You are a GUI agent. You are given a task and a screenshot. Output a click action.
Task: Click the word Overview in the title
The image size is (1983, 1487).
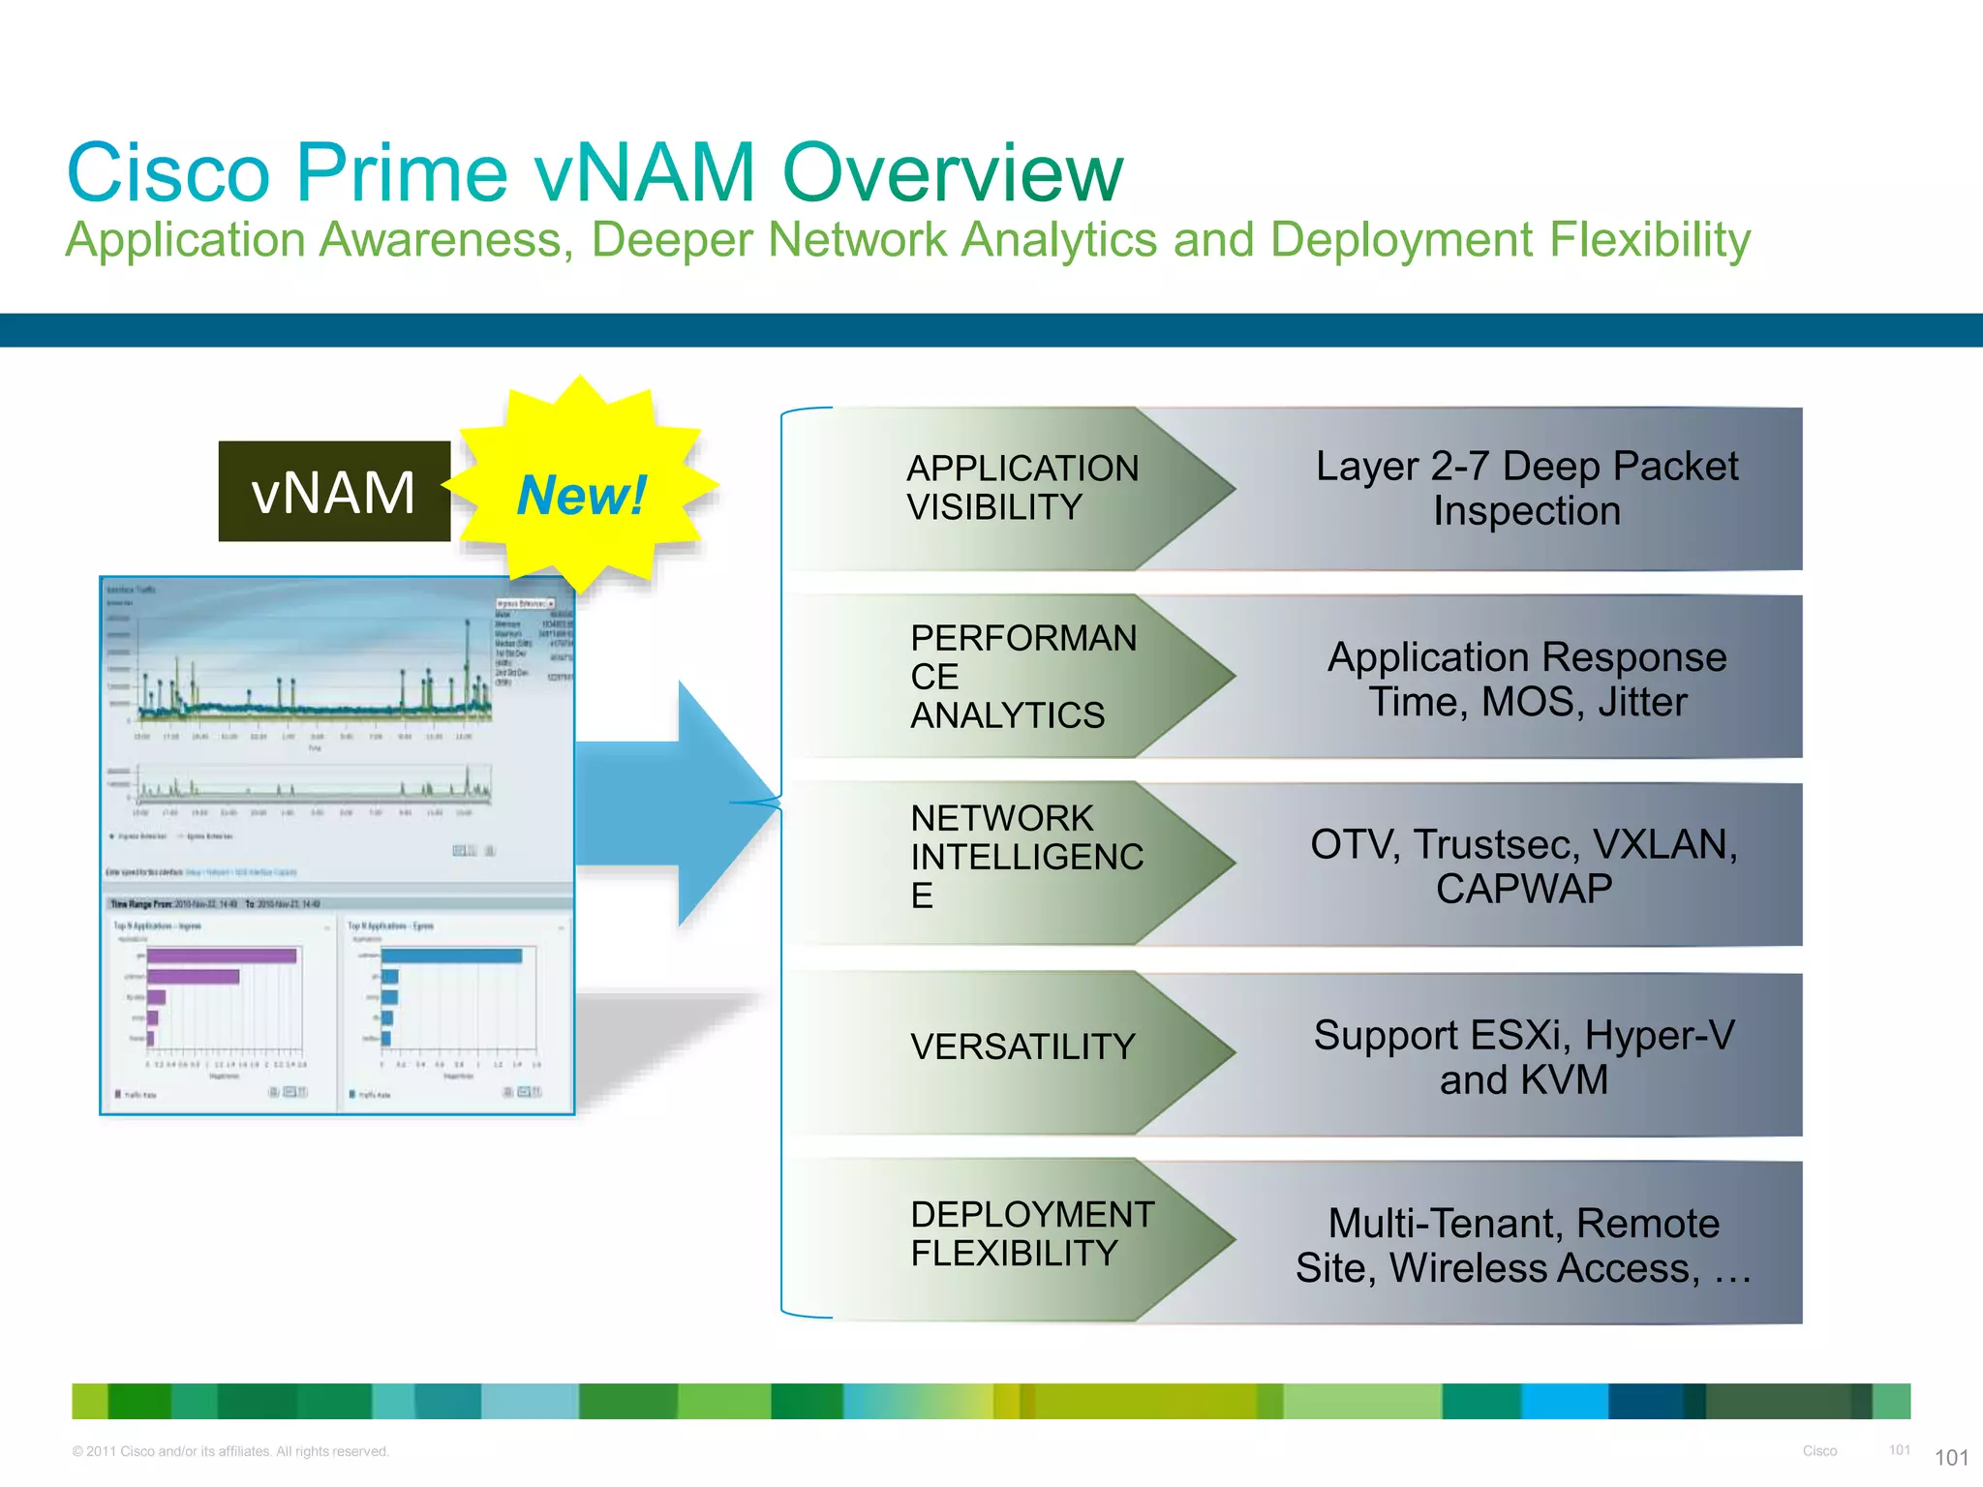(x=952, y=172)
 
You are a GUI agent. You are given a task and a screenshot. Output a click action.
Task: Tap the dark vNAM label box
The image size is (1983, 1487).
(x=334, y=492)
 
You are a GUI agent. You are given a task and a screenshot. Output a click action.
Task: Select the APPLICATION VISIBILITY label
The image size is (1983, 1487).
(x=1022, y=488)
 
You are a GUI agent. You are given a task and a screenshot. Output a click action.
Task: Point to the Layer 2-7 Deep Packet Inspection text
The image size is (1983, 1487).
(x=1526, y=488)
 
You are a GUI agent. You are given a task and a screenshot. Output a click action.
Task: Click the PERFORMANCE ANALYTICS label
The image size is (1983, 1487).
(x=1022, y=676)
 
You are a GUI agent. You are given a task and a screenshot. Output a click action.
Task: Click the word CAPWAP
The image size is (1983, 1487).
(x=1524, y=889)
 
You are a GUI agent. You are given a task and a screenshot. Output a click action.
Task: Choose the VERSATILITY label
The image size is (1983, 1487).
(x=1022, y=1047)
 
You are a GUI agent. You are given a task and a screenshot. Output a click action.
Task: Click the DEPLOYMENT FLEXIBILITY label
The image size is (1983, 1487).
(x=1030, y=1233)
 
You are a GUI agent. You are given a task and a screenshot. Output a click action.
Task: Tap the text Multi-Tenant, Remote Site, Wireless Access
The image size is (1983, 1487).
(x=1524, y=1245)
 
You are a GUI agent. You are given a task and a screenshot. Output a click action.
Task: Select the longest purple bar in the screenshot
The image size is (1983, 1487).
(x=222, y=956)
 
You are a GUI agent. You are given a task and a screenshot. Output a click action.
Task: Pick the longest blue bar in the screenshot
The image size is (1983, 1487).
(x=451, y=956)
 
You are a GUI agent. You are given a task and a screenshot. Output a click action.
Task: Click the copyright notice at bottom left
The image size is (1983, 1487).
(x=230, y=1451)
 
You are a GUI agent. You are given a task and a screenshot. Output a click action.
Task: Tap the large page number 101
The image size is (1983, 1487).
(x=1951, y=1458)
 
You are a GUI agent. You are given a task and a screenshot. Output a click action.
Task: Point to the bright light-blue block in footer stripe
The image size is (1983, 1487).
(x=1564, y=1401)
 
